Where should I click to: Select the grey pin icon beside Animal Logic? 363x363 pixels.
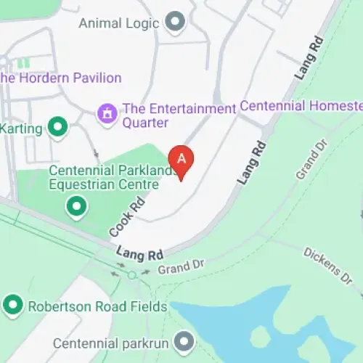click(x=174, y=22)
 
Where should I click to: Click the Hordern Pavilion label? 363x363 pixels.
click(x=61, y=78)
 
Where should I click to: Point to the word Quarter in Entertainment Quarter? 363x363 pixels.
click(x=145, y=122)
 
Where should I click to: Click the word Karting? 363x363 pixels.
click(x=22, y=129)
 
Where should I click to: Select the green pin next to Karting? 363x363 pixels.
click(x=57, y=129)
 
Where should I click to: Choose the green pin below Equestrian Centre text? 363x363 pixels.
click(x=76, y=208)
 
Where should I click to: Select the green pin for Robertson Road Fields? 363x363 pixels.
click(x=12, y=306)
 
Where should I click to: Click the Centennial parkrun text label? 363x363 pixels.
click(x=115, y=340)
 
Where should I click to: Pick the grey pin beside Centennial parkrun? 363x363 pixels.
click(x=186, y=340)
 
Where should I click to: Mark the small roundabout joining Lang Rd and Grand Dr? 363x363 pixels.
click(x=131, y=274)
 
